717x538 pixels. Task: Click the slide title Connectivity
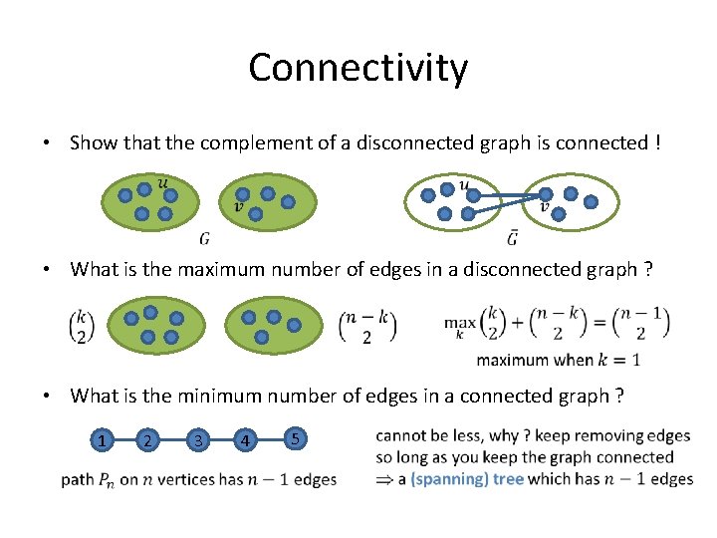358,68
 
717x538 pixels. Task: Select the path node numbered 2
147,439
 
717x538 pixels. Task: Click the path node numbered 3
198,439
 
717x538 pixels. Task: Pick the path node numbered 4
244,439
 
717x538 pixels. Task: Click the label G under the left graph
204,238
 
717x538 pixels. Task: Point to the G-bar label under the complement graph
512,238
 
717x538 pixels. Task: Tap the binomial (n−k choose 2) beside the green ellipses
368,327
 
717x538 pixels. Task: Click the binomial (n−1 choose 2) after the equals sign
642,324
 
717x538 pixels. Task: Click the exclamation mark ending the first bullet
657,143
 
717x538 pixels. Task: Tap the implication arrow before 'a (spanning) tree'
384,479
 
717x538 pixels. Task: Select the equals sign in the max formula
599,324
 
